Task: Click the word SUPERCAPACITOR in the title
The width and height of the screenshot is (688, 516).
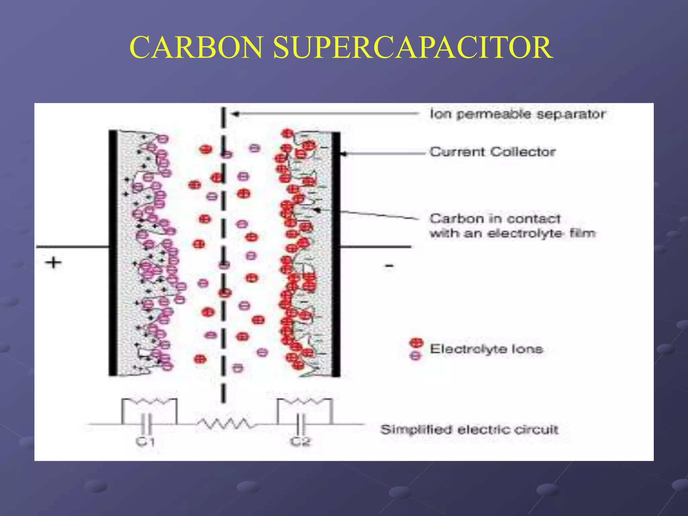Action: click(413, 48)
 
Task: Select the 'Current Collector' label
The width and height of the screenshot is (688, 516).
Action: click(492, 152)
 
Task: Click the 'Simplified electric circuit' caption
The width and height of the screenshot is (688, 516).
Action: click(469, 429)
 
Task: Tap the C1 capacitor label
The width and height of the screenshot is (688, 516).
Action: click(145, 441)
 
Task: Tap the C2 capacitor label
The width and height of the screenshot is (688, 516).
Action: click(300, 441)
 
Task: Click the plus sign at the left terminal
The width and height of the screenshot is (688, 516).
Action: click(53, 262)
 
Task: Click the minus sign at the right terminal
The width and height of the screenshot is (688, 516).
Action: click(389, 266)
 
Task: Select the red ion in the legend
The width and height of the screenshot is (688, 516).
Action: click(417, 343)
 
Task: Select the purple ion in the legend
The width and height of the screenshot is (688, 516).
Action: click(416, 355)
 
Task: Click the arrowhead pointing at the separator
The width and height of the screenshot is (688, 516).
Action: click(235, 114)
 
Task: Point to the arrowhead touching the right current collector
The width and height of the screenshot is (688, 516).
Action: click(343, 154)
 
